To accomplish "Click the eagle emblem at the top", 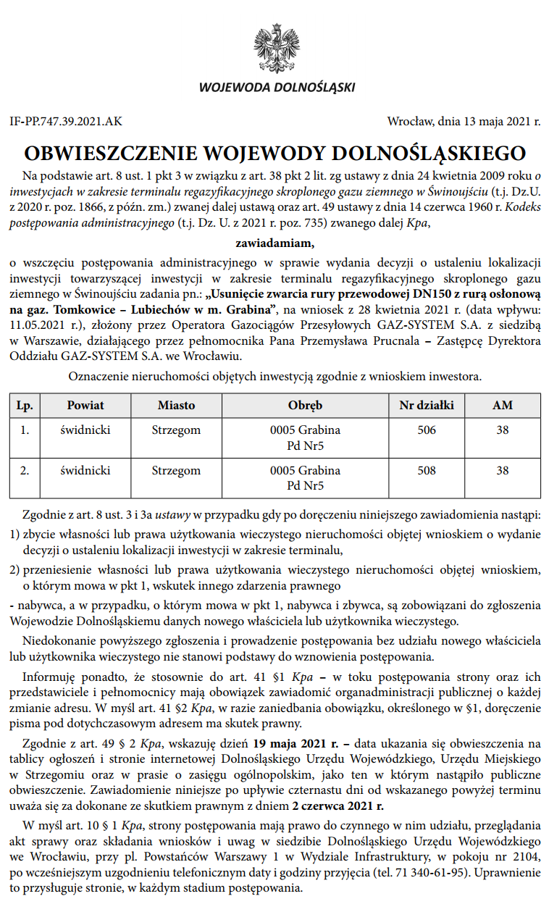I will pyautogui.click(x=276, y=48).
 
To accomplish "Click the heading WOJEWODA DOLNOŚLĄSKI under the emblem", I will pyautogui.click(x=277, y=88).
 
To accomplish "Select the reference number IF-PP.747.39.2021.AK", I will pyautogui.click(x=66, y=122).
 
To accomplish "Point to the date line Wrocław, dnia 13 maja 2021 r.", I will pyautogui.click(x=464, y=122).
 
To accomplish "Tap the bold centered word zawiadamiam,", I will pyautogui.click(x=274, y=242).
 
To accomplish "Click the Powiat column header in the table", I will pyautogui.click(x=85, y=406).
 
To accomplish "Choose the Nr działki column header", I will pyautogui.click(x=427, y=406).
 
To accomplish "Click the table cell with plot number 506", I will pyautogui.click(x=427, y=430).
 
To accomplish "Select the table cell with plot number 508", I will pyautogui.click(x=427, y=471).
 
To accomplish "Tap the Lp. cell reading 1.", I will pyautogui.click(x=25, y=430).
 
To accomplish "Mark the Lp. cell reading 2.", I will pyautogui.click(x=25, y=471).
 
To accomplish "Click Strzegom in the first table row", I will pyautogui.click(x=176, y=430).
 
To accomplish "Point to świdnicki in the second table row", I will pyautogui.click(x=85, y=471).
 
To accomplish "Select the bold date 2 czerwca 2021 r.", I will pyautogui.click(x=338, y=805).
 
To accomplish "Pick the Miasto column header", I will pyautogui.click(x=176, y=406).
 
